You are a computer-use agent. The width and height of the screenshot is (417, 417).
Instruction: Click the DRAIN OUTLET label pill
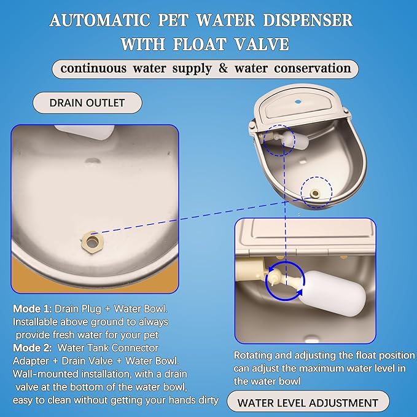pyautogui.click(x=87, y=103)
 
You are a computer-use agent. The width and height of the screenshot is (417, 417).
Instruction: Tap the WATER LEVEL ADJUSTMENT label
pyautogui.click(x=308, y=403)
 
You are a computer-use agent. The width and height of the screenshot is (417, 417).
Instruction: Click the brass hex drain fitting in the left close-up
pyautogui.click(x=92, y=242)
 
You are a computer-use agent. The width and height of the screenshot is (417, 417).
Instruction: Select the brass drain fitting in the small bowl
pyautogui.click(x=315, y=193)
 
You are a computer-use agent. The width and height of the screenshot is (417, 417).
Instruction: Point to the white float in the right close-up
pyautogui.click(x=332, y=294)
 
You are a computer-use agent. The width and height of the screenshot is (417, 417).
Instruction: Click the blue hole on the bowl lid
pyautogui.click(x=298, y=101)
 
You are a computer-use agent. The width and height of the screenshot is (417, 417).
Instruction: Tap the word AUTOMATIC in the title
pyautogui.click(x=99, y=20)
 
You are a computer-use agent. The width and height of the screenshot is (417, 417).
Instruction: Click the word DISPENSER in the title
pyautogui.click(x=308, y=20)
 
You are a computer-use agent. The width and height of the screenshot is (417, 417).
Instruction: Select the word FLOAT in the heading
pyautogui.click(x=200, y=44)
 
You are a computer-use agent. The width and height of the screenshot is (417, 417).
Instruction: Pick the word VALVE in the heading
pyautogui.click(x=262, y=44)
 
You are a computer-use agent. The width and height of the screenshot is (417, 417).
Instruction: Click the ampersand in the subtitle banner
pyautogui.click(x=223, y=68)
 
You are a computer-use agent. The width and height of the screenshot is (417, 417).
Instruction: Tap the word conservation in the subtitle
pyautogui.click(x=313, y=68)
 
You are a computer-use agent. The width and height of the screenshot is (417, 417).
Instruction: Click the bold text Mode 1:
pyautogui.click(x=32, y=309)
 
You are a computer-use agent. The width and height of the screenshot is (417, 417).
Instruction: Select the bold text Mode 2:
pyautogui.click(x=32, y=348)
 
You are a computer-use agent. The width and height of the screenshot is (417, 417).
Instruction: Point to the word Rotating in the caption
pyautogui.click(x=252, y=356)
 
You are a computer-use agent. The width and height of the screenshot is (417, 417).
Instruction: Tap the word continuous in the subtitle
pyautogui.click(x=93, y=68)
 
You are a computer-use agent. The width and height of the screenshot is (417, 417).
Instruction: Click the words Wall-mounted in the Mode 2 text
pyautogui.click(x=45, y=374)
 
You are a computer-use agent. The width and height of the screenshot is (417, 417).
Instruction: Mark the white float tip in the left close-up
pyautogui.click(x=85, y=131)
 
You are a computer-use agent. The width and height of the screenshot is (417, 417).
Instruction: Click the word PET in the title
pyautogui.click(x=173, y=20)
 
